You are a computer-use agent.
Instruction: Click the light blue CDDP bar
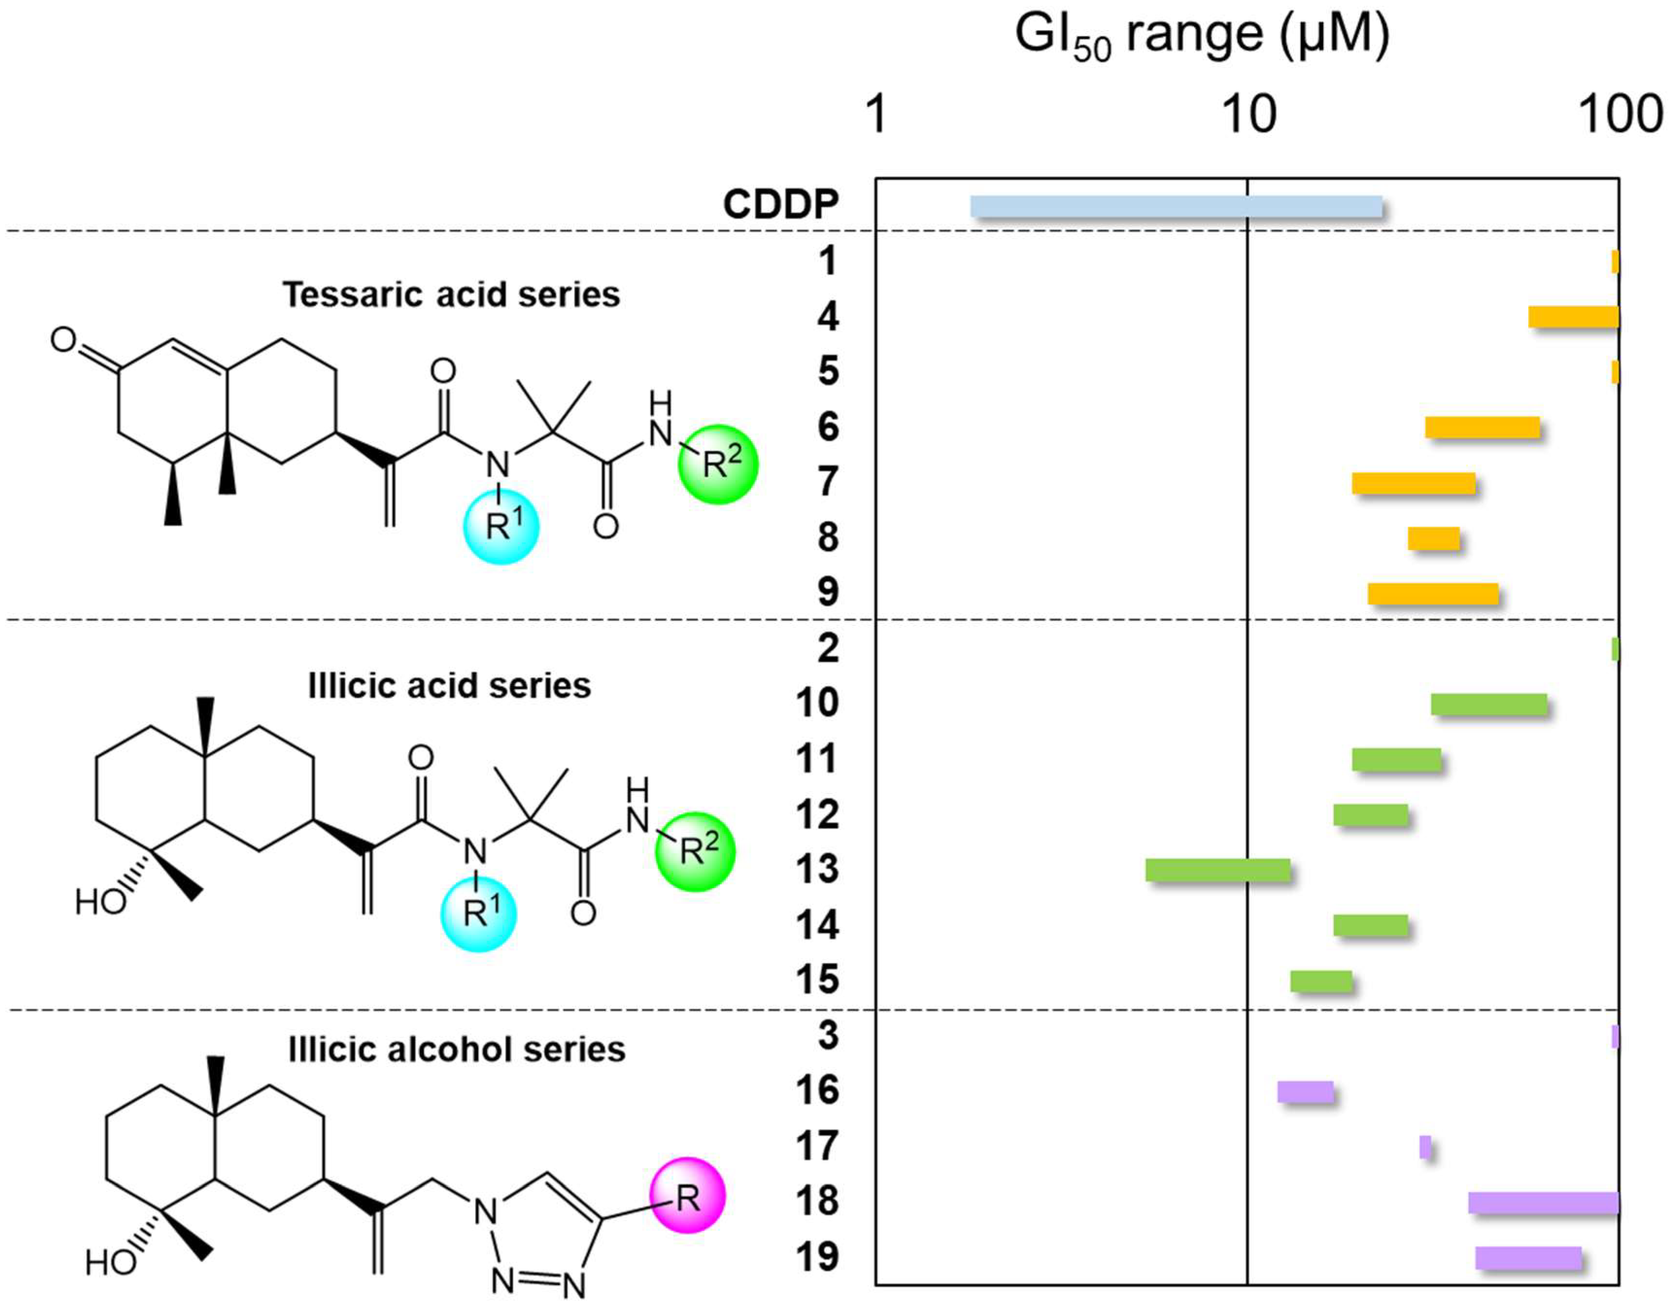[x=1176, y=206]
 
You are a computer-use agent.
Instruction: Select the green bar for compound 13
[x=1217, y=870]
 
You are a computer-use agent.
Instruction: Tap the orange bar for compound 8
[x=1433, y=539]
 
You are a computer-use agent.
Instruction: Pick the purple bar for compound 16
[x=1305, y=1092]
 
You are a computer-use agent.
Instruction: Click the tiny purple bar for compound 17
[x=1424, y=1147]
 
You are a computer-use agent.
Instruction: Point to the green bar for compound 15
[x=1320, y=981]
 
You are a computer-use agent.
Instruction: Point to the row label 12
[x=817, y=815]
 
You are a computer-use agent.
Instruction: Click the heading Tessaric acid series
[x=451, y=295]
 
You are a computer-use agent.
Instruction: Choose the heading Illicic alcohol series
[x=456, y=1049]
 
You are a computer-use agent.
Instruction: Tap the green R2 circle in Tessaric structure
[x=718, y=464]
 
